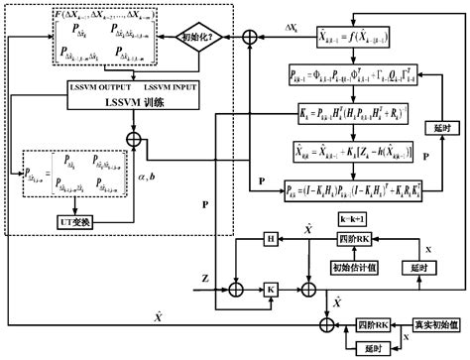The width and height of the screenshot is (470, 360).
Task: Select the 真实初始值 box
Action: click(x=433, y=322)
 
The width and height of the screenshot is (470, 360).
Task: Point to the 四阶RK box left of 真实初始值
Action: click(x=373, y=322)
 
